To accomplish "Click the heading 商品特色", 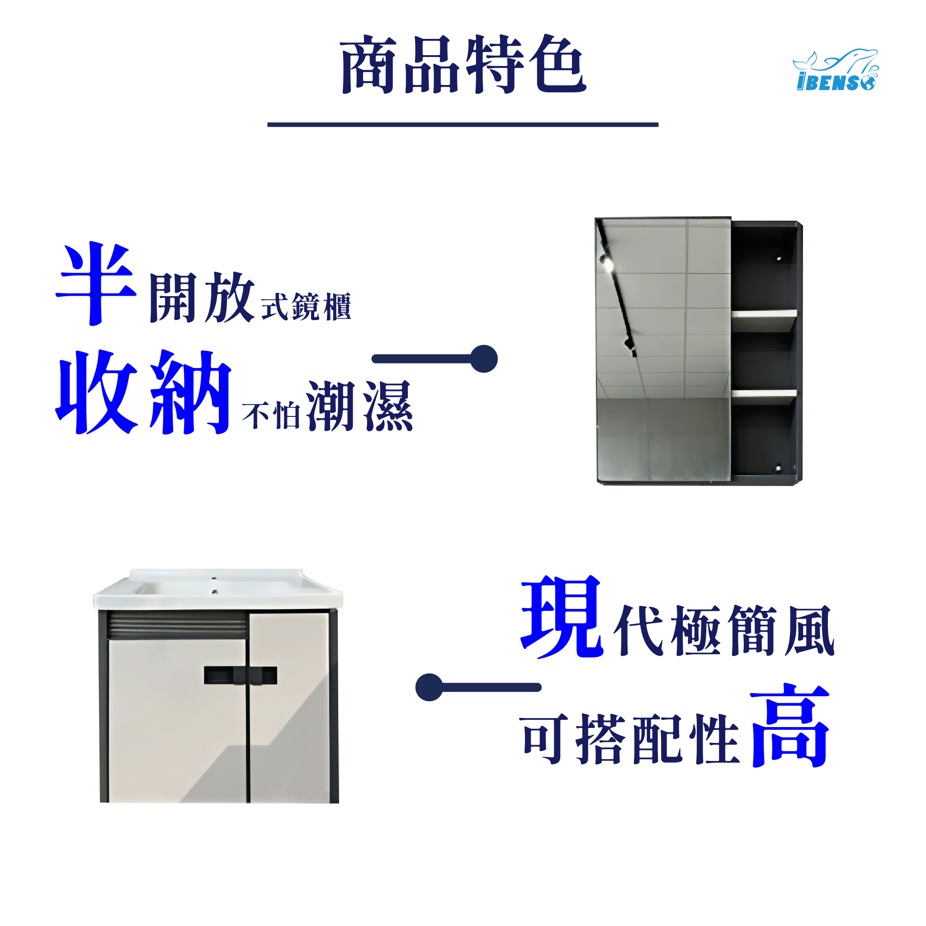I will point(463,65).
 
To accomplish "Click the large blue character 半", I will point(96,284).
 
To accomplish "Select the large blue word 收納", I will point(144,392).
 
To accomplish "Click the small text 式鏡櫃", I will point(306,306).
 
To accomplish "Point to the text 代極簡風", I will point(724,631).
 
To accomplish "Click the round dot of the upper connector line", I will point(484,359).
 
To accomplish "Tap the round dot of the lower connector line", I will point(429,687).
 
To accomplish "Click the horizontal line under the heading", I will point(463,125).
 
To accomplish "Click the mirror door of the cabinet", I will point(663,350).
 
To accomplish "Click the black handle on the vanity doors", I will point(241,676).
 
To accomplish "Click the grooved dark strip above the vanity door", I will point(177,625).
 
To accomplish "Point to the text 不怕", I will point(271,415).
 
